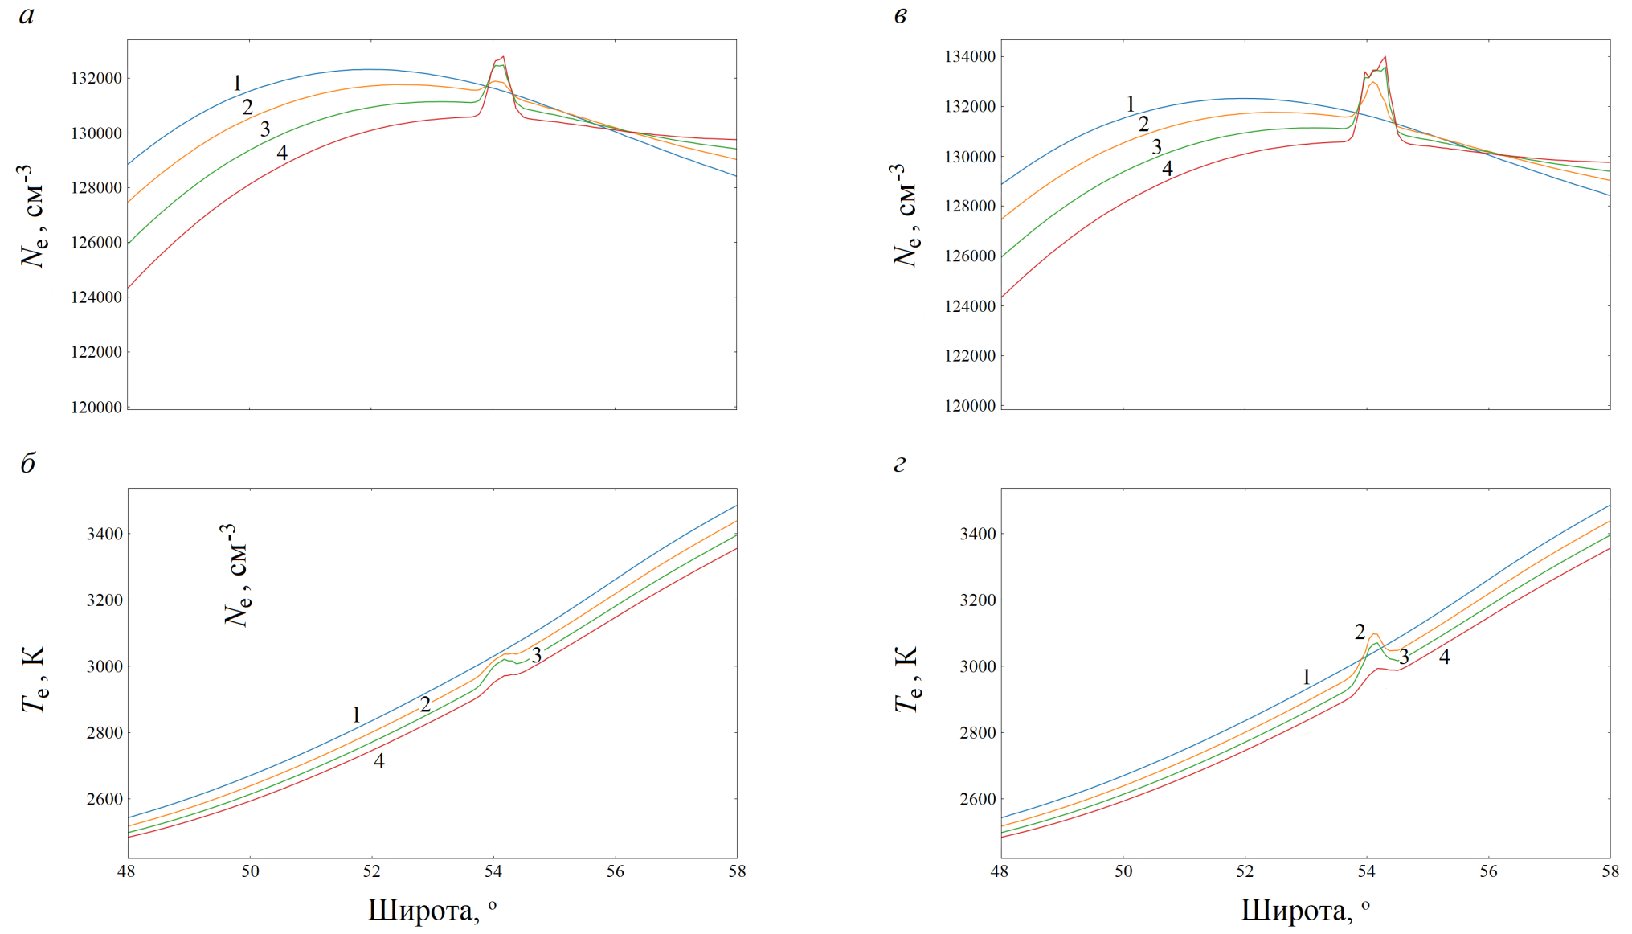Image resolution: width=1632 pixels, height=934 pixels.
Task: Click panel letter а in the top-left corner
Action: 27,16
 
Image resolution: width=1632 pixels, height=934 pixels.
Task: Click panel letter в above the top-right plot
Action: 901,16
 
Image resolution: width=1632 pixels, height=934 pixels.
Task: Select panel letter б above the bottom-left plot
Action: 28,464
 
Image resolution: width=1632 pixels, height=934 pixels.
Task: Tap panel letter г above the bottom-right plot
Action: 900,465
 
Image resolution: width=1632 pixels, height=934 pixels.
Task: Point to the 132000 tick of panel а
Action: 96,79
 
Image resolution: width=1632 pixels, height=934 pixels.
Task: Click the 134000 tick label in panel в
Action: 970,57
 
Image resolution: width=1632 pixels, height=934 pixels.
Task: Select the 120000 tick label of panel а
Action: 96,408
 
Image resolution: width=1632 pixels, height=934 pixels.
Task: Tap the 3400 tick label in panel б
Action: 104,535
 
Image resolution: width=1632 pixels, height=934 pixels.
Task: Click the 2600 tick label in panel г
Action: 978,800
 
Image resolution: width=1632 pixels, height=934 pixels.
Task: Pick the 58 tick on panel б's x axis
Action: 737,871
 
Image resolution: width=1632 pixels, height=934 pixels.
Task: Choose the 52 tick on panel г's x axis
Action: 1245,871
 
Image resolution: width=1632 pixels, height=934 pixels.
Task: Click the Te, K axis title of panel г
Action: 906,679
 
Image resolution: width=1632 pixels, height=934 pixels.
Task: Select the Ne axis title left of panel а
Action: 32,217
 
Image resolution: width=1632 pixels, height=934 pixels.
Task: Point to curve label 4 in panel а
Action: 282,153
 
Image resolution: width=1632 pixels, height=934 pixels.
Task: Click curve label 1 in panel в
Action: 1130,104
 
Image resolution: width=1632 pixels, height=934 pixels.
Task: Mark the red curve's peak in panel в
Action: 1385,56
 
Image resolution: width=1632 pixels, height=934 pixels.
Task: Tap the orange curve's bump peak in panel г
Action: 1374,634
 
